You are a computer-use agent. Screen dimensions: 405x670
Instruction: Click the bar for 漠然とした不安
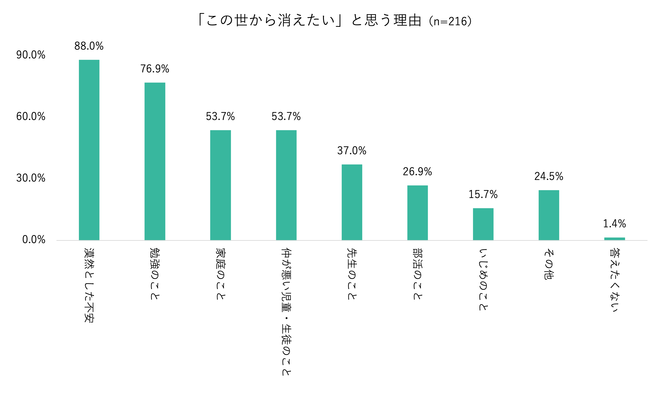tap(89, 150)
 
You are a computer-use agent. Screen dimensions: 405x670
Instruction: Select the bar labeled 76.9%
tap(155, 161)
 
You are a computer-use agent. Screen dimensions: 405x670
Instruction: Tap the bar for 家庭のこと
tap(221, 185)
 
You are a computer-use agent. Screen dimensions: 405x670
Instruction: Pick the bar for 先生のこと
tap(352, 202)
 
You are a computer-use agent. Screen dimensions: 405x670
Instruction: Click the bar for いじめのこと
tap(483, 224)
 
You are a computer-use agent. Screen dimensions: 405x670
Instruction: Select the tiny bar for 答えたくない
tap(615, 239)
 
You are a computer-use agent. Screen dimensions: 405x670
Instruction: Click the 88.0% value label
tap(89, 46)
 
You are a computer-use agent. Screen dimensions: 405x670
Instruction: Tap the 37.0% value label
tap(352, 151)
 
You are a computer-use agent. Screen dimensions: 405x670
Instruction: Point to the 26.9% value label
tap(417, 172)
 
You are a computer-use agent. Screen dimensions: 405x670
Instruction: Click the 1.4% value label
tap(615, 224)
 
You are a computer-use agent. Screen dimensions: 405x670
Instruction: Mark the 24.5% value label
tap(549, 176)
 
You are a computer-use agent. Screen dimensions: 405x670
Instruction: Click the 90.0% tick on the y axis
tap(31, 55)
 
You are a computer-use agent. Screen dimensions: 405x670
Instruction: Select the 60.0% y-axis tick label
tap(31, 116)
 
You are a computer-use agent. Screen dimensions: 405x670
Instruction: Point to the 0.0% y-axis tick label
tap(34, 239)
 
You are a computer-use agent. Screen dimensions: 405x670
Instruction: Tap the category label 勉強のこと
tap(155, 274)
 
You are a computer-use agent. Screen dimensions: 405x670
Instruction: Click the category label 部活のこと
tap(417, 274)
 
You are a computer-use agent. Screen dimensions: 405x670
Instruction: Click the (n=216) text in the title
tap(450, 21)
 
